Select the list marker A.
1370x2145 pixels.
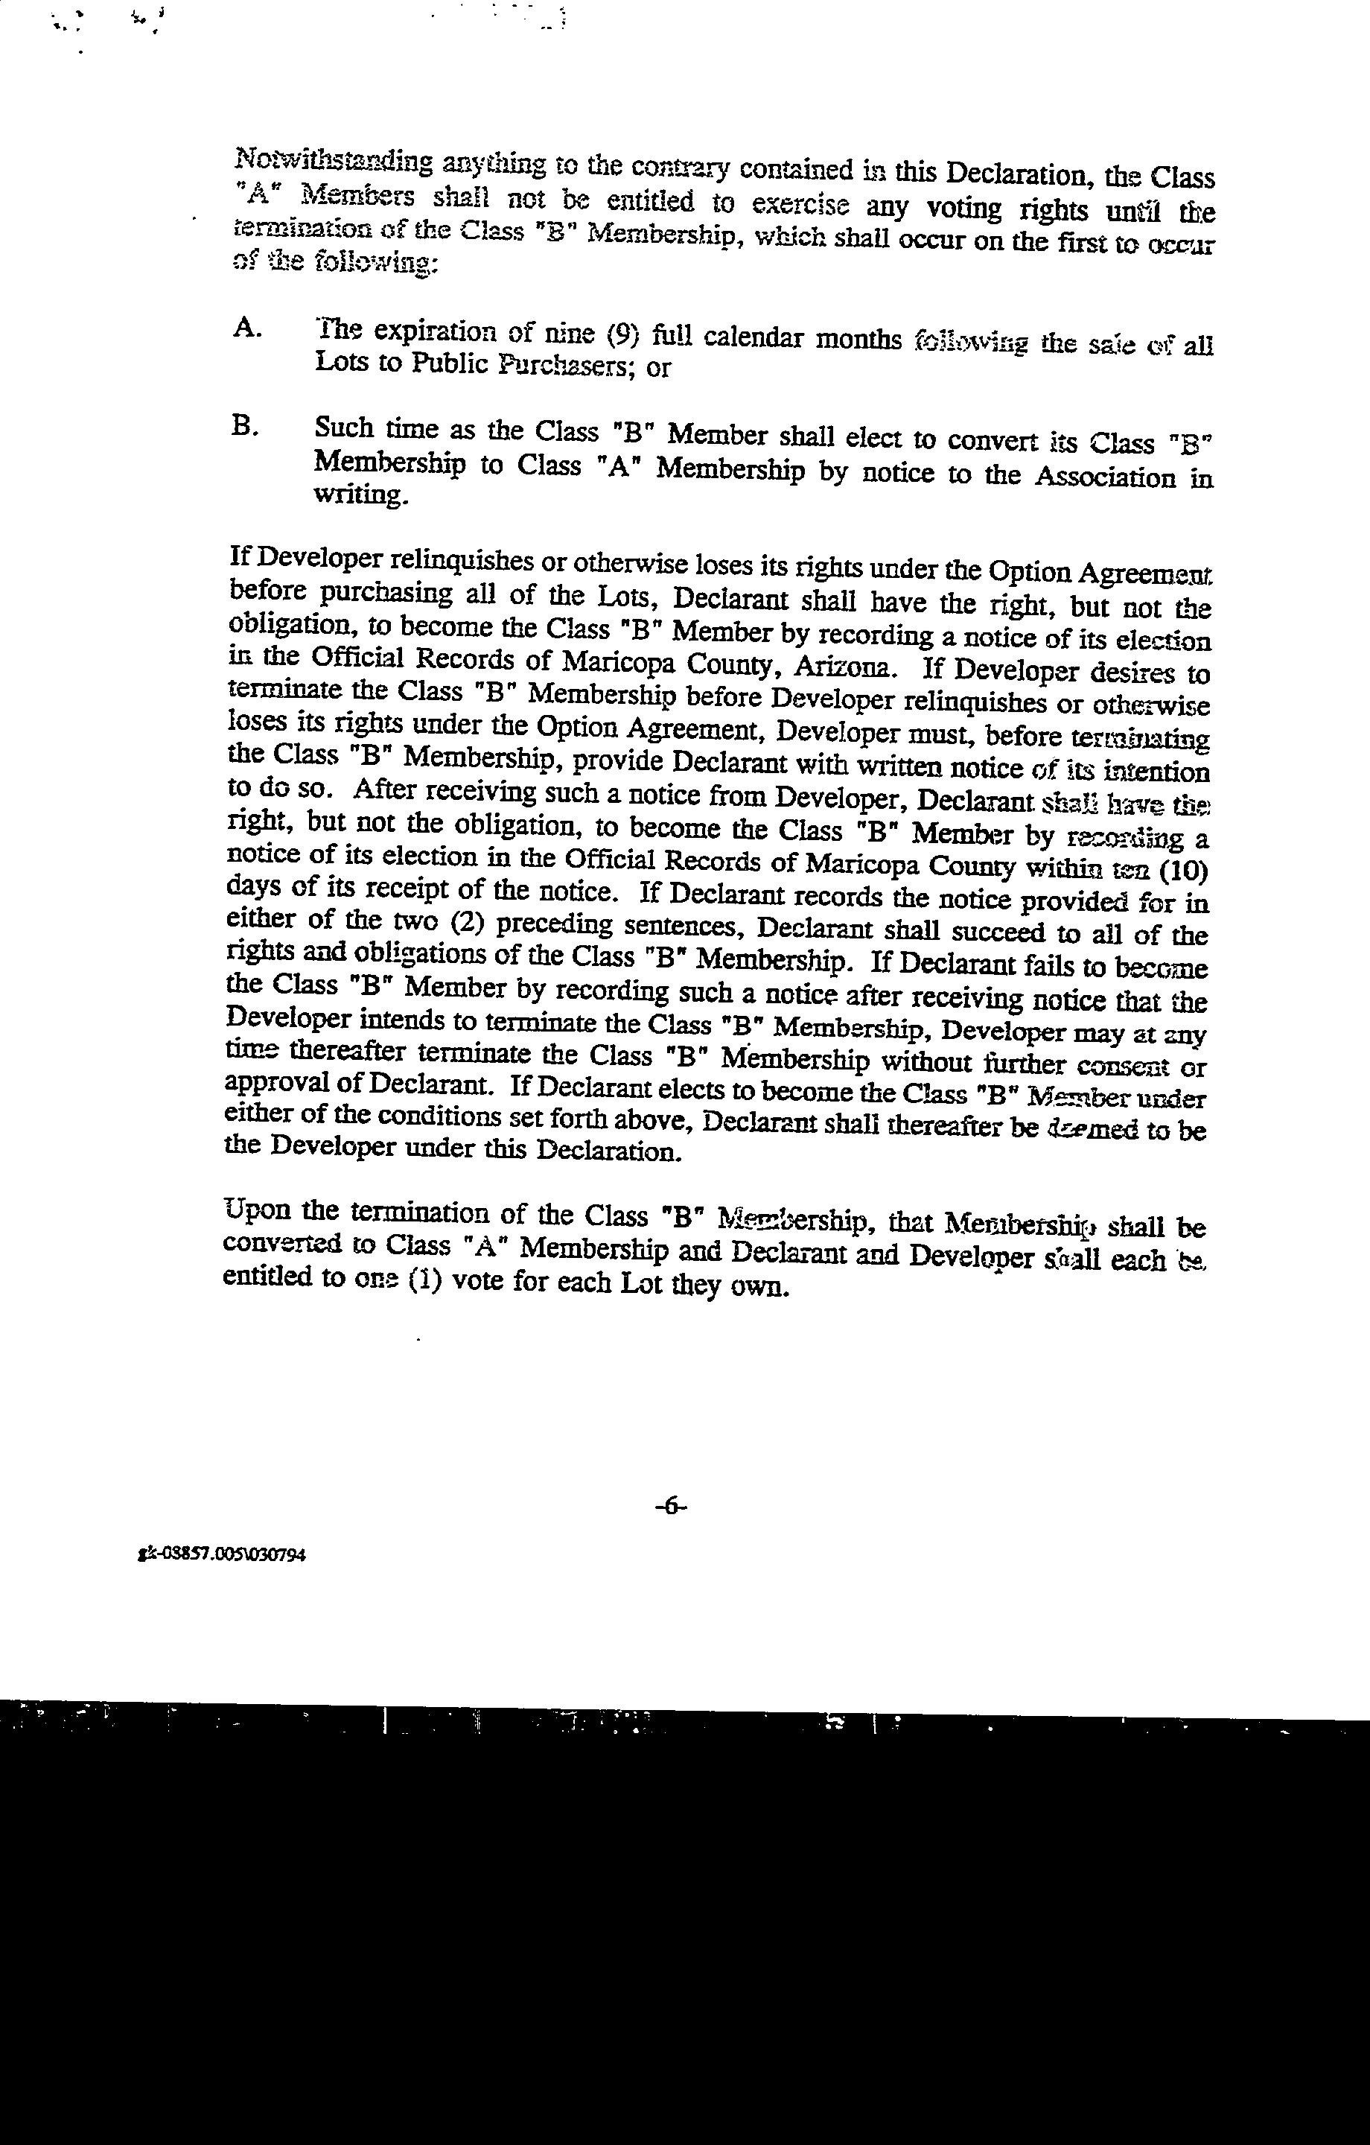246,328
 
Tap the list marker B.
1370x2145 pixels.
245,428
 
